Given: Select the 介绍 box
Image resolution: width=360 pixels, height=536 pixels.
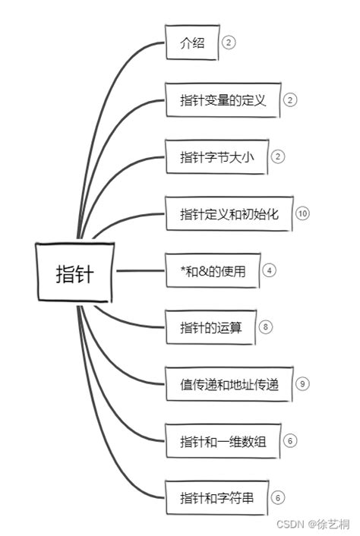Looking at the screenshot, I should click(191, 43).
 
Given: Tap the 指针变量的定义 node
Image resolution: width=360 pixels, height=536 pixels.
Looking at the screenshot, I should click(222, 99).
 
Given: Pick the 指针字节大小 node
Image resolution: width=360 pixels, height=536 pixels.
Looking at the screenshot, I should click(216, 157).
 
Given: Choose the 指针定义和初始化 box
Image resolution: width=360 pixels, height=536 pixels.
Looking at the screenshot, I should click(229, 214).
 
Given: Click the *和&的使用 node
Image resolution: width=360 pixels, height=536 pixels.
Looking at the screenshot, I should click(212, 270).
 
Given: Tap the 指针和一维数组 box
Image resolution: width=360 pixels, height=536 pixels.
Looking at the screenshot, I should click(222, 441).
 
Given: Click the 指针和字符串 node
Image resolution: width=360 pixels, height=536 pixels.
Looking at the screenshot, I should click(216, 498).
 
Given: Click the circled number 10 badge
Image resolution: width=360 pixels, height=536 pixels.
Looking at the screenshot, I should click(302, 214).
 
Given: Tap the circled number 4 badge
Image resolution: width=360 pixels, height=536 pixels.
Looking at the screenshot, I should click(270, 270).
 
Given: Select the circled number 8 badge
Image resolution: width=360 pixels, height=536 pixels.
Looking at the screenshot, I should click(265, 327).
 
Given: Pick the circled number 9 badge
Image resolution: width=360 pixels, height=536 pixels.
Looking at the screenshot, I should click(302, 384).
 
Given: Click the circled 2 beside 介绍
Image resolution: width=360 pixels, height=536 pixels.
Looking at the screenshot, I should click(229, 43).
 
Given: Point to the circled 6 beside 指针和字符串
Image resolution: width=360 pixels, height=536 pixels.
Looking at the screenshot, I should click(278, 498).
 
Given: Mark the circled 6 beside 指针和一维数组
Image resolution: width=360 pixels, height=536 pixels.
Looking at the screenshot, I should click(290, 441).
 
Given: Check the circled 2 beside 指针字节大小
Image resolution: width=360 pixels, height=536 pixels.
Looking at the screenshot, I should click(278, 157).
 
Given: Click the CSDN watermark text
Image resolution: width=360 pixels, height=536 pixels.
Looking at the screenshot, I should click(312, 525).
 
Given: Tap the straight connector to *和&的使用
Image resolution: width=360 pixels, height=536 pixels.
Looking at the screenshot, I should click(140, 271).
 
